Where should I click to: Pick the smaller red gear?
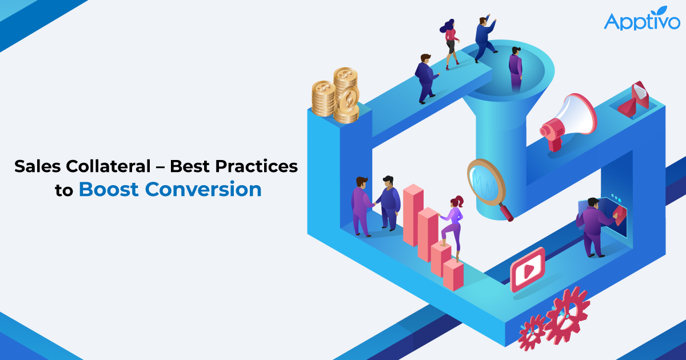(x=532, y=332)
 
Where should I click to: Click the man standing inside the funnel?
(x=516, y=69)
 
